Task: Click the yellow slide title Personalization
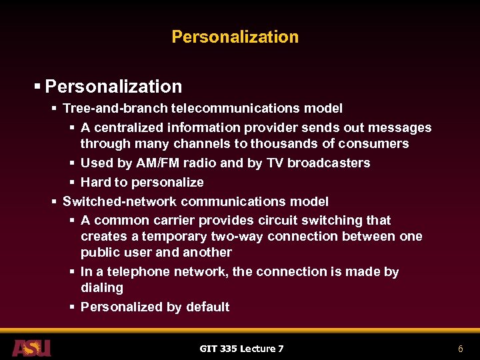coord(235,37)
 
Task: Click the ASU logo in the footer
coord(31,348)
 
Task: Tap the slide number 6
coord(460,349)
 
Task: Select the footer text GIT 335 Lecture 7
coord(241,349)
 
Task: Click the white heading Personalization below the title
coord(113,87)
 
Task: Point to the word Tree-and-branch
coord(115,108)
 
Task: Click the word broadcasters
coord(331,163)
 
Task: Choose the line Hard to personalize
coord(142,182)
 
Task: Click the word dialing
coord(102,287)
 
